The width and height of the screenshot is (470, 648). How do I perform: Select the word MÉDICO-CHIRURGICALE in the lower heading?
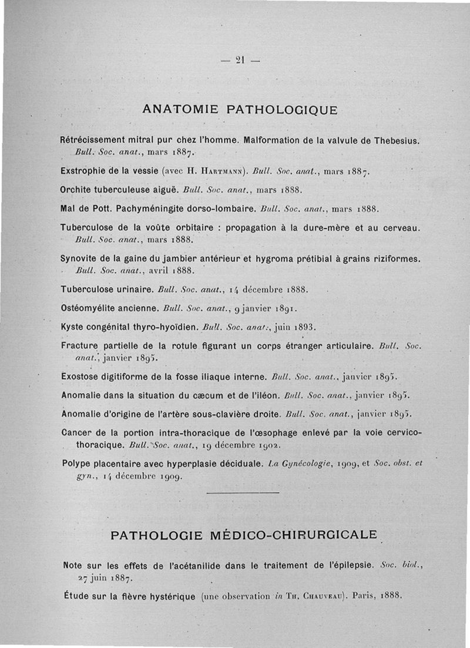[294, 535]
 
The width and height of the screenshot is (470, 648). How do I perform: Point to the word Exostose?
[81, 376]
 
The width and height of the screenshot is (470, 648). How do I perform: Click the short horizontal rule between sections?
[243, 492]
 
